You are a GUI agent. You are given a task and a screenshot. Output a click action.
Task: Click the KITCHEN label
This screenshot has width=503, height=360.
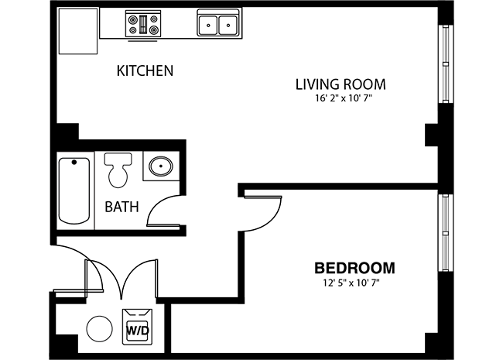(x=145, y=70)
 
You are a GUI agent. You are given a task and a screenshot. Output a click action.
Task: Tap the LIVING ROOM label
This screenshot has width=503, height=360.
(x=340, y=84)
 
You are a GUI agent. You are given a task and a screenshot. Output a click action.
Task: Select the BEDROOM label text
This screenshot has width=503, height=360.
(x=354, y=268)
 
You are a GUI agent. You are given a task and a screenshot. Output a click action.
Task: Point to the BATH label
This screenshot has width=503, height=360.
(x=121, y=207)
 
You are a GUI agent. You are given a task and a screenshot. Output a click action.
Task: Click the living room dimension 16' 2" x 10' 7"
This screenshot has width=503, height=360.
(x=344, y=98)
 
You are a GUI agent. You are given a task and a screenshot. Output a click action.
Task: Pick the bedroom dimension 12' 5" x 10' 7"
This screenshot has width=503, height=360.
(x=351, y=283)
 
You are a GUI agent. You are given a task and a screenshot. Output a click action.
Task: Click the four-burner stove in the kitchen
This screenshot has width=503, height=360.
(x=143, y=24)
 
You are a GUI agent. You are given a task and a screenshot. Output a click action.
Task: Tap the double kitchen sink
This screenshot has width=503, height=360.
(x=218, y=23)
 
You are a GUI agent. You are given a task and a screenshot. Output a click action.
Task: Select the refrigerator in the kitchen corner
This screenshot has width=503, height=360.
(x=78, y=31)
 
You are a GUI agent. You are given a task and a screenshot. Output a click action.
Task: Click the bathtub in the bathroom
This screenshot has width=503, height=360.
(x=74, y=190)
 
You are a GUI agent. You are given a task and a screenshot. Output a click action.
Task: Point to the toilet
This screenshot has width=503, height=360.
(x=118, y=170)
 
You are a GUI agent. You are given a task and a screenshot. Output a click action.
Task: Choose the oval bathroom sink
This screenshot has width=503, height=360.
(x=161, y=166)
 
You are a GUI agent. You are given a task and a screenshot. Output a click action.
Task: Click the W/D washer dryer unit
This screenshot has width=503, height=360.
(x=137, y=327)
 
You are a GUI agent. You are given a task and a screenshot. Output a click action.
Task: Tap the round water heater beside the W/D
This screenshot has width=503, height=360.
(x=100, y=329)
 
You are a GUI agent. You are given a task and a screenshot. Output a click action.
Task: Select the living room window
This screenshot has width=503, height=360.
(x=446, y=64)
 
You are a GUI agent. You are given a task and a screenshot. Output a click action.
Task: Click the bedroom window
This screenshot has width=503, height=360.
(x=446, y=232)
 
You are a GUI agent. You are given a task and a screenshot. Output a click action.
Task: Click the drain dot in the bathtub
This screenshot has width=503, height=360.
(x=74, y=163)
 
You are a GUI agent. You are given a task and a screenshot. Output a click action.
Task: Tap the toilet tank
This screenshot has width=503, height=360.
(x=118, y=159)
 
